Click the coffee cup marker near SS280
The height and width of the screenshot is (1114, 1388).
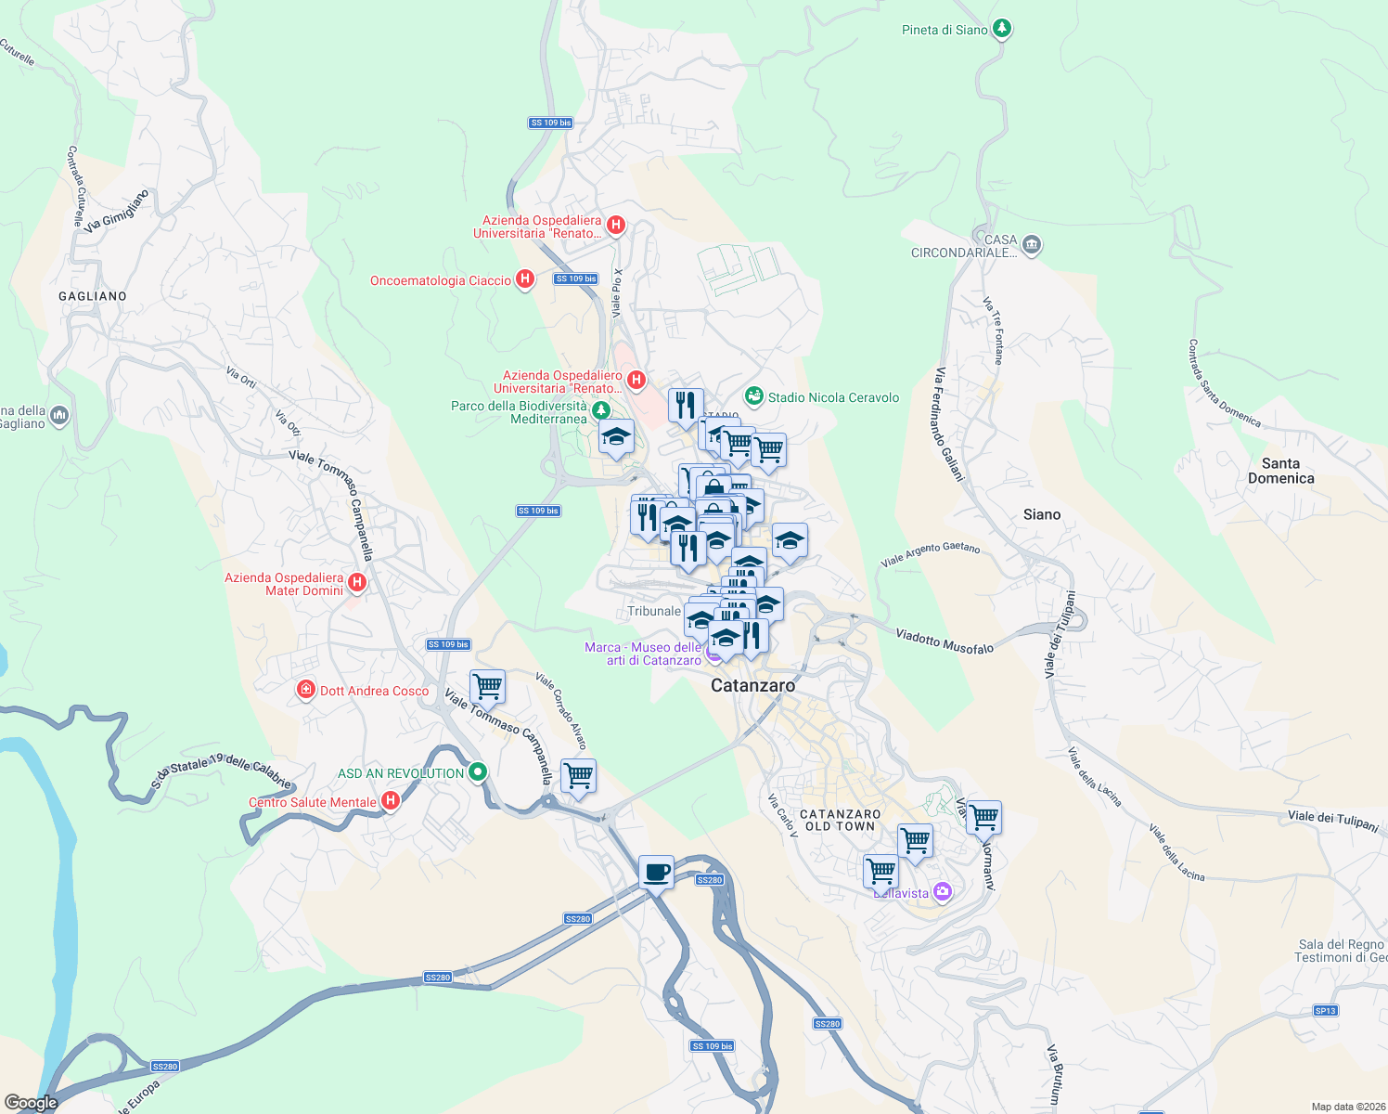pos(656,873)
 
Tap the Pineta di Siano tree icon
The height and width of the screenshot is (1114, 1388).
pos(1001,29)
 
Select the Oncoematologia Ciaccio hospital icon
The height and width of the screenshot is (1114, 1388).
pos(524,279)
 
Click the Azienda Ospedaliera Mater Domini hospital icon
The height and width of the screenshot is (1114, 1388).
pos(357,583)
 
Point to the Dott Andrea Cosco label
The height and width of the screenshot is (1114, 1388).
pos(374,691)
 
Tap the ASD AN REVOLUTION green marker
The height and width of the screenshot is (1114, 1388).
pos(478,771)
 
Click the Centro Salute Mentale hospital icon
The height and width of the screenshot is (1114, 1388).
pos(391,800)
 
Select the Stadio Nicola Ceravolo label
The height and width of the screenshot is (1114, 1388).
pos(833,397)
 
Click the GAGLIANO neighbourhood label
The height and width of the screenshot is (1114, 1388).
pos(93,296)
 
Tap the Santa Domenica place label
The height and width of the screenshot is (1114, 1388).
pos(1280,471)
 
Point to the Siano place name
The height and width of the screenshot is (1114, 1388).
pos(1041,514)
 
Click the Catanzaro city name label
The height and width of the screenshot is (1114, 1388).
pos(752,685)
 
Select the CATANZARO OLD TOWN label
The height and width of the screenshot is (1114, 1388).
pos(840,820)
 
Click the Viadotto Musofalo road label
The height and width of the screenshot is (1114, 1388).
pos(944,641)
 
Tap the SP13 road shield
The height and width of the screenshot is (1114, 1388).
pos(1326,1010)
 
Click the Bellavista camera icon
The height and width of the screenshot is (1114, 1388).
pos(943,892)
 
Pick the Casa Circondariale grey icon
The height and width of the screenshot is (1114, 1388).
pos(1032,245)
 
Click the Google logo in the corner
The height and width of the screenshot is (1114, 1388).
pos(31,1103)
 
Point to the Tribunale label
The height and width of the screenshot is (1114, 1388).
pos(654,611)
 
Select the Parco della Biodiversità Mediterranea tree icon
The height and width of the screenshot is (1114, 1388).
pos(601,410)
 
